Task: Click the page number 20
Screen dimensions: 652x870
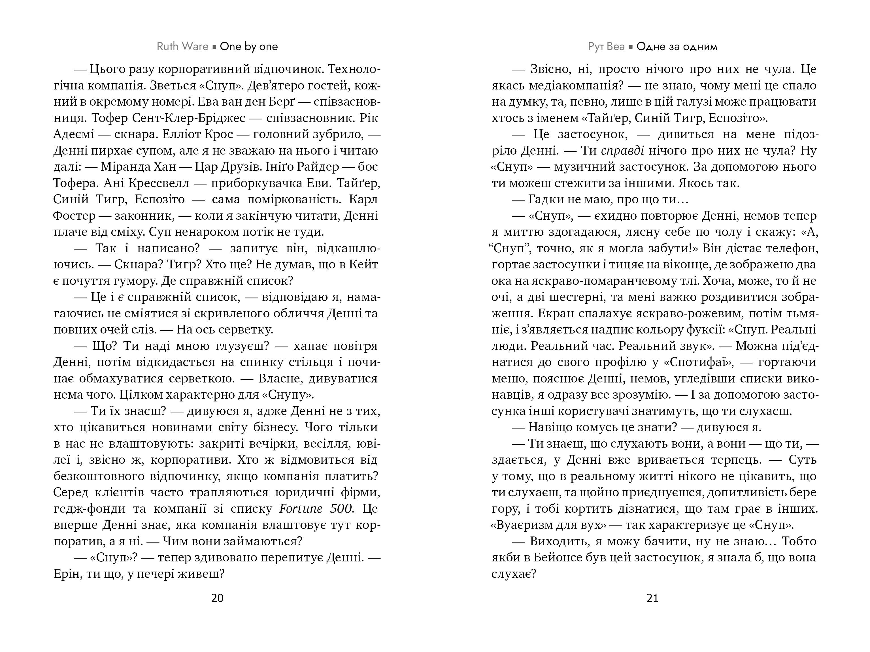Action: (217, 598)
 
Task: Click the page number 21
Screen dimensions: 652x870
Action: (652, 598)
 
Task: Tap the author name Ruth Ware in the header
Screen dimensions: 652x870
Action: (182, 46)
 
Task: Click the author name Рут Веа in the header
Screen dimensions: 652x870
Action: (606, 46)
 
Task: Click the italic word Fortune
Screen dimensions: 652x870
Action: (301, 508)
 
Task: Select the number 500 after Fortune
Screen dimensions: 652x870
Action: (342, 508)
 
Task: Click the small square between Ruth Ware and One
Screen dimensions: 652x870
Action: (214, 47)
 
